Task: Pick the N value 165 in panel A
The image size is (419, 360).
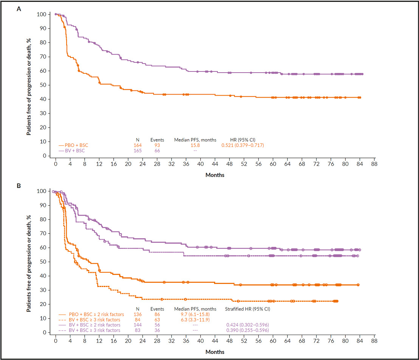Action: (137, 151)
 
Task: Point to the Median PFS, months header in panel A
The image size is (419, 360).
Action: (195, 140)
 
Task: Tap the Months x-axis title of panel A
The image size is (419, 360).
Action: (215, 175)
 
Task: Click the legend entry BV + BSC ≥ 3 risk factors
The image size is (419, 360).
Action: (95, 330)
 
